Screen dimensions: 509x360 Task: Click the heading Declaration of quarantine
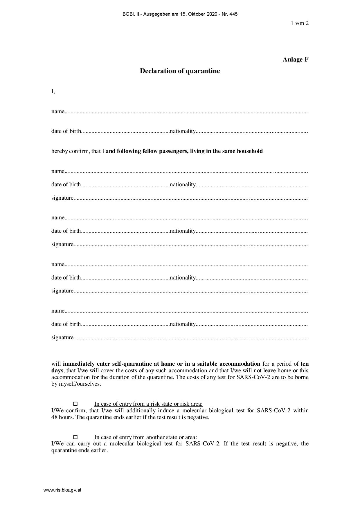180,71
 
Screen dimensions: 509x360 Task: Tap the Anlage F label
295,60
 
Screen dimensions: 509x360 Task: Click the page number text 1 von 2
299,23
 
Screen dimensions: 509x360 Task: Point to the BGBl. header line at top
180,14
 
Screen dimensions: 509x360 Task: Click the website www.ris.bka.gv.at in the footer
62,490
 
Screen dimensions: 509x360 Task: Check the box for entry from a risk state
75,404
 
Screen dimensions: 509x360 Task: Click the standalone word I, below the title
53,91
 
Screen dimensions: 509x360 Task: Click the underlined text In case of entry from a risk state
148,404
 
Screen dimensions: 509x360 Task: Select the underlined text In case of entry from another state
145,437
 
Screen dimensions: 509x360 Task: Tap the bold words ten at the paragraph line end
305,364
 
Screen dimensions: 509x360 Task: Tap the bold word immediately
79,364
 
